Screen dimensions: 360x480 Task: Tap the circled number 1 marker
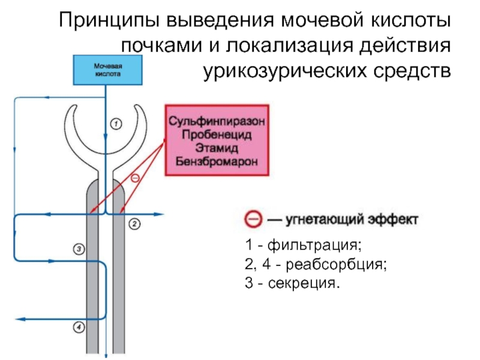point(116,124)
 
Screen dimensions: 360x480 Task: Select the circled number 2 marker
point(134,224)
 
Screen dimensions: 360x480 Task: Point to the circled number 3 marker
point(79,248)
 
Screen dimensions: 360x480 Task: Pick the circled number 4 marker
point(79,327)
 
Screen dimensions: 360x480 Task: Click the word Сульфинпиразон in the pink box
point(217,120)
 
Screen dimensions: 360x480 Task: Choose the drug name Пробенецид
point(217,134)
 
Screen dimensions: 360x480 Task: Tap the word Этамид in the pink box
point(217,148)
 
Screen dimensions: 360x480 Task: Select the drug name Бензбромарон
point(217,161)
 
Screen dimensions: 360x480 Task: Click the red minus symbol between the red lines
point(135,178)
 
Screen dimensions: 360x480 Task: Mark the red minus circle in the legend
point(253,220)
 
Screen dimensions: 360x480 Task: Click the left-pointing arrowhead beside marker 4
point(19,319)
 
